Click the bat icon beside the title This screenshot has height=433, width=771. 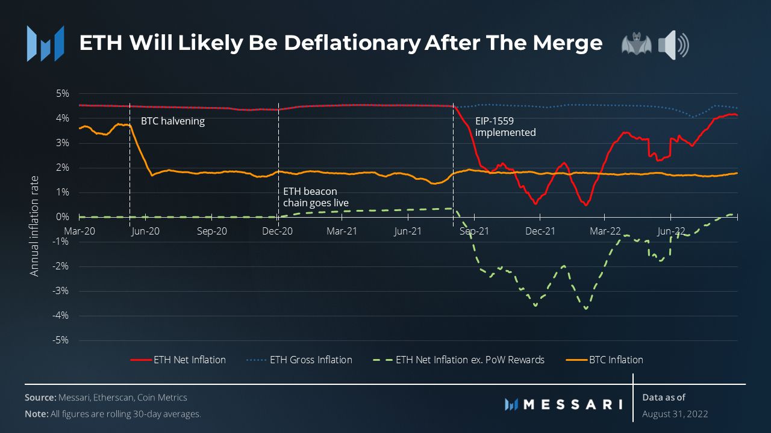pos(636,45)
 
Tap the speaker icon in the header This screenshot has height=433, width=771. pos(673,45)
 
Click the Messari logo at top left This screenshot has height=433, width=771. pos(45,43)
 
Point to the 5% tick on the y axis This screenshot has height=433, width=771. pos(63,94)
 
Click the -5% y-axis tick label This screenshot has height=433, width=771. pos(61,340)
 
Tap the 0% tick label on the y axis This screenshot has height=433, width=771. pos(63,217)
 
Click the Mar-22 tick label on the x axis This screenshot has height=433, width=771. pos(605,231)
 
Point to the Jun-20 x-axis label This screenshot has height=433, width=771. pos(145,231)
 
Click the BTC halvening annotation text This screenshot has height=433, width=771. pos(173,121)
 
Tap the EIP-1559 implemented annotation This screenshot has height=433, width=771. pos(505,127)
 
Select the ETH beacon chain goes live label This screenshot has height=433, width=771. pos(316,197)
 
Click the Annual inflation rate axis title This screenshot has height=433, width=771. pos(35,226)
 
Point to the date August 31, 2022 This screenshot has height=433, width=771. pos(675,414)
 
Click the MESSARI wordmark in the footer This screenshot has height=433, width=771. pos(572,404)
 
